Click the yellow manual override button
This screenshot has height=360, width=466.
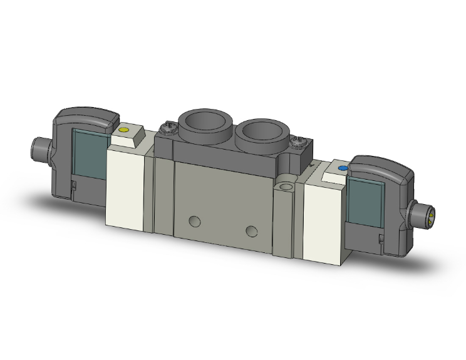pos(123,131)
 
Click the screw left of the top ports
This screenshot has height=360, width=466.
pos(166,128)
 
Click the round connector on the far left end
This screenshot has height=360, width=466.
pos(39,148)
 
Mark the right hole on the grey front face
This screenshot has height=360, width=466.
pos(252,231)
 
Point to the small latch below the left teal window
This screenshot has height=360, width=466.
pos(73,185)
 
